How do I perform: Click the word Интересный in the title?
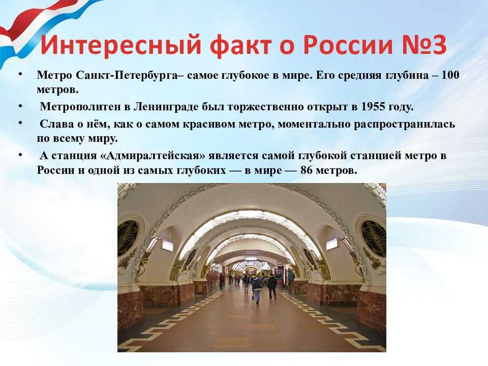tap(121, 45)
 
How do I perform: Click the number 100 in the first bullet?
tap(450, 75)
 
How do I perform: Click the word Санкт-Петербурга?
tap(127, 76)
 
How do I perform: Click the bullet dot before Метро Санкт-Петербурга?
tap(20, 74)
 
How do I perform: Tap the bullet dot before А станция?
tap(20, 155)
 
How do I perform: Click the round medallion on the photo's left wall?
tap(127, 237)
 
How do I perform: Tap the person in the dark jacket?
tap(271, 286)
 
